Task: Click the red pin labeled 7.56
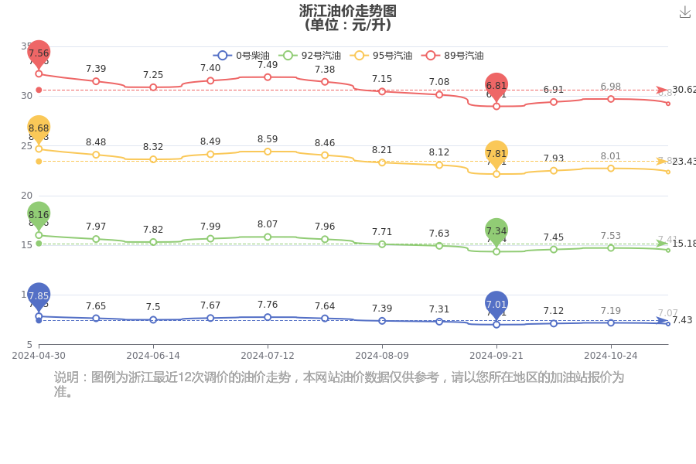tap(39, 53)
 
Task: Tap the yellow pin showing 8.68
tap(39, 128)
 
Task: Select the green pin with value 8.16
tap(39, 215)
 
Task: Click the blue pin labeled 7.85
tap(39, 296)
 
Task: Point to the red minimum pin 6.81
tap(496, 86)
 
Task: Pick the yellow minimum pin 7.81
tap(496, 154)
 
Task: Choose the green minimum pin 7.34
tap(496, 231)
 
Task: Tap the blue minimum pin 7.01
tap(496, 305)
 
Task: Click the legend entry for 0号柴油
tap(241, 56)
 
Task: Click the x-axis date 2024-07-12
tap(268, 356)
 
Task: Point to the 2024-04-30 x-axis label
tap(39, 356)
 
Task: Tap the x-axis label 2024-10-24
tap(610, 356)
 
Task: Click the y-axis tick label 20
tap(27, 196)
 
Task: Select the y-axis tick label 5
tap(29, 344)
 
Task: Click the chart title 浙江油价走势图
tap(348, 11)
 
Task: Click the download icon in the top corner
tap(684, 12)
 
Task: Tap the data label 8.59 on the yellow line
tap(268, 139)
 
